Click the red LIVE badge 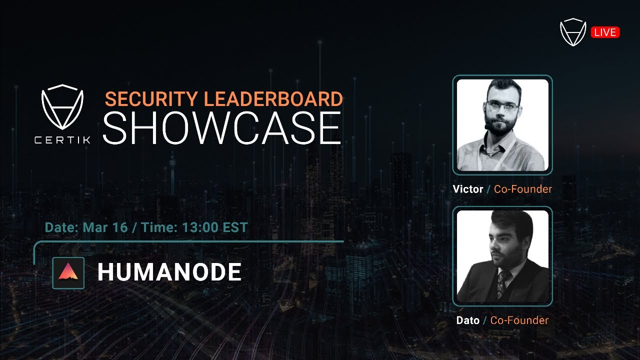coord(605,32)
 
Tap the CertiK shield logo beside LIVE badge coord(572,32)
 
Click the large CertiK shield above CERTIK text coord(62,107)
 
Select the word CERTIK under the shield coord(62,140)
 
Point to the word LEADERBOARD coord(273,99)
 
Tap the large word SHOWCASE coord(222,128)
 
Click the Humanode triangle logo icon coord(68,272)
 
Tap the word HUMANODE coord(169,272)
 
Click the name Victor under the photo coord(467,189)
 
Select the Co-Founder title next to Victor coord(523,189)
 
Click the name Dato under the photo coord(467,320)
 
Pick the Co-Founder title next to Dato coord(519,320)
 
